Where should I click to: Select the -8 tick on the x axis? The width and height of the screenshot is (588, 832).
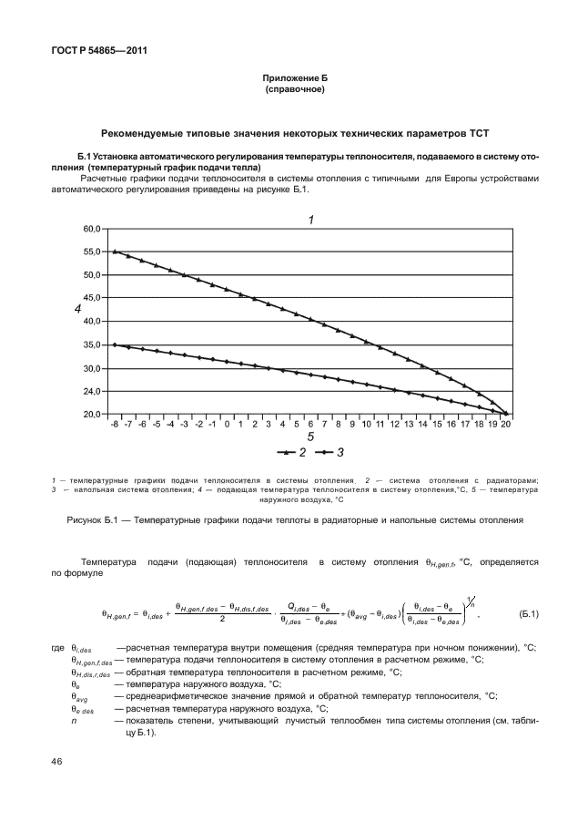point(115,425)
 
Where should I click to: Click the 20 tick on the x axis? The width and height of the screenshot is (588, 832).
point(505,425)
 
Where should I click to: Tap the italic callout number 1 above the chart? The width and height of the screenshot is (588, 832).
point(310,220)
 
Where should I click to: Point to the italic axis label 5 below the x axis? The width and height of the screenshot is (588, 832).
point(310,437)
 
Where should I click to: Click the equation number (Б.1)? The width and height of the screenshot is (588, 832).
point(528,611)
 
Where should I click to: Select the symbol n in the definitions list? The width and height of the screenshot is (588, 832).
point(74,720)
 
